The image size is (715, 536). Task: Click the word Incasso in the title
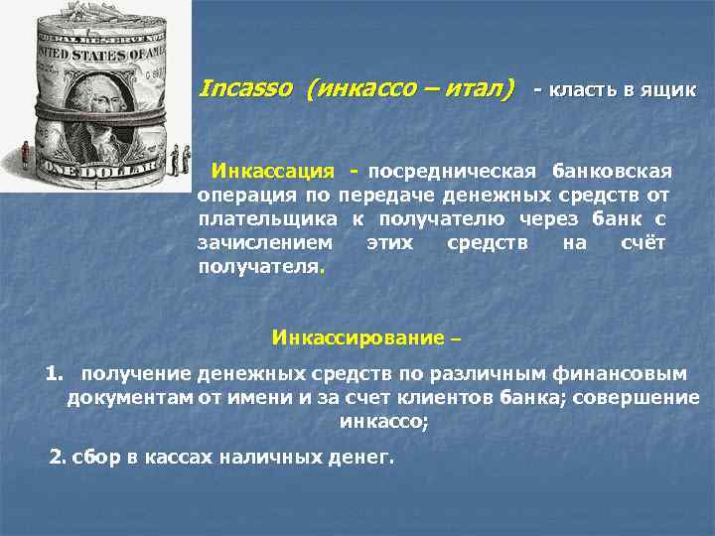246,89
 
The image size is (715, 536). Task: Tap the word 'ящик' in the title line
671,90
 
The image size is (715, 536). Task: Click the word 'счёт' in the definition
641,242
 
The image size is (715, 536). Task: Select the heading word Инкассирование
357,337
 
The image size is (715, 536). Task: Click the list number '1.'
55,374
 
